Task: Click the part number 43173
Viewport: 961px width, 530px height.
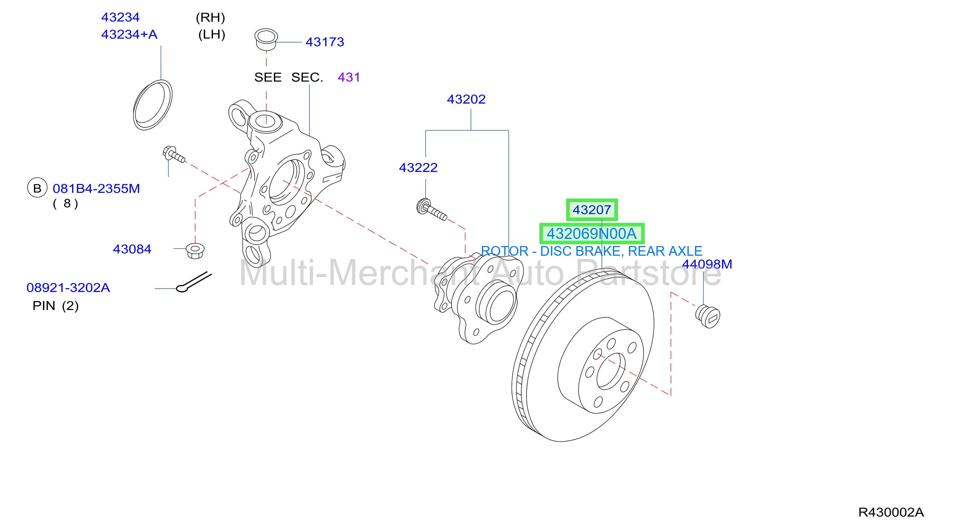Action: coord(324,42)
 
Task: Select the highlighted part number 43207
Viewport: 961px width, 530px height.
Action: coord(592,210)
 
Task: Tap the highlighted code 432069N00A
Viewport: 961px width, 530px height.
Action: coord(592,234)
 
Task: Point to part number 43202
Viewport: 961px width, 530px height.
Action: coord(466,99)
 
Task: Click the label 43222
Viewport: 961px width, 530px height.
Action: coord(418,167)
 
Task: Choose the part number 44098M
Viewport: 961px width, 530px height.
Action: coord(707,264)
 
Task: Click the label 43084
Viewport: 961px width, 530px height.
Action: coord(132,249)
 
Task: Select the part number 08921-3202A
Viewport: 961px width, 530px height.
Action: coord(68,288)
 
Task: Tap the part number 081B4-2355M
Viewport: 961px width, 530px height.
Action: coord(96,189)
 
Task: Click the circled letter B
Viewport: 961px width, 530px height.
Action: coord(37,188)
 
